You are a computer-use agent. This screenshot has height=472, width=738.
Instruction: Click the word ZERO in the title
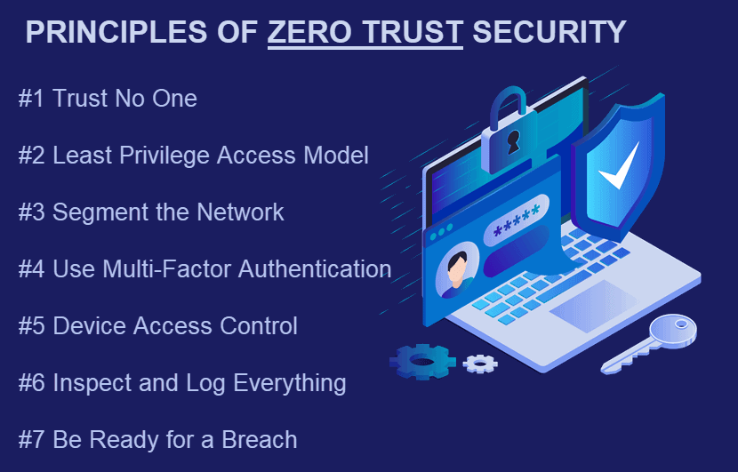point(309,32)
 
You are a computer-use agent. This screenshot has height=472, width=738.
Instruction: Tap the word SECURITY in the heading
point(549,32)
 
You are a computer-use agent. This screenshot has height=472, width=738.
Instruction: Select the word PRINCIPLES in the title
point(116,32)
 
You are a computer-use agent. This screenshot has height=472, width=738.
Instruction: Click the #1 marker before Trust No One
point(31,99)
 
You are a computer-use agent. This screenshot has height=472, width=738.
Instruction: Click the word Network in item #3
point(240,212)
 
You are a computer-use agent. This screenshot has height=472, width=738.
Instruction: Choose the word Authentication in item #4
point(315,269)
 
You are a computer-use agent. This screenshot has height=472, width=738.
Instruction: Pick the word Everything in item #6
point(290,383)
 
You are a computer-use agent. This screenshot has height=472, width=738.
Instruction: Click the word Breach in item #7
point(260,440)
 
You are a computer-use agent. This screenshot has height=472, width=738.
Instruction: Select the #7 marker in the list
point(31,440)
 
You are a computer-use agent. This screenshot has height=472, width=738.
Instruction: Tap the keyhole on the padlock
point(512,141)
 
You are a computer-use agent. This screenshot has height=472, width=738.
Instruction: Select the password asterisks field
point(517,220)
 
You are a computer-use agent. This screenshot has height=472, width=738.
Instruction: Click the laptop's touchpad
point(594,306)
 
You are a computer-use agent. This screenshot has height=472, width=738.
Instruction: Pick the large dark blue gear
point(422,362)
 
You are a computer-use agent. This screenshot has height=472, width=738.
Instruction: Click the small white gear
point(480,364)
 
